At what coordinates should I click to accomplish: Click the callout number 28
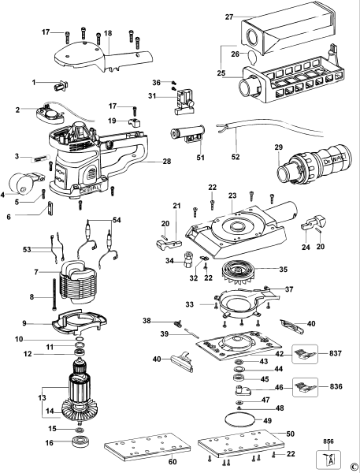pyautogui.click(x=166, y=161)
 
